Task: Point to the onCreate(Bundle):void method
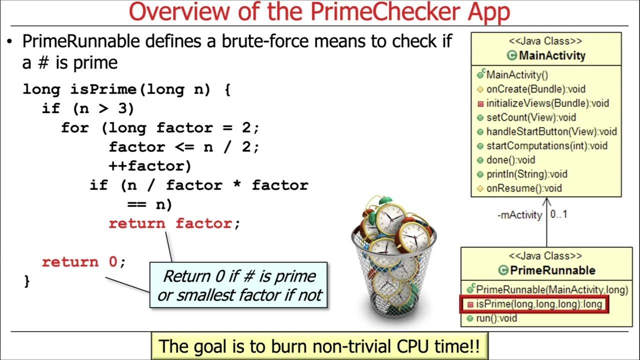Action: [535, 89]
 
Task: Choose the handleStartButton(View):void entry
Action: [551, 132]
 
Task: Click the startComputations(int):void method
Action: [546, 146]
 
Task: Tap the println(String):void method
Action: [526, 174]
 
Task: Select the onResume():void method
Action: [524, 188]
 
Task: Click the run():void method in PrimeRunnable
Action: [498, 318]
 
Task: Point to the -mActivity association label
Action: [519, 215]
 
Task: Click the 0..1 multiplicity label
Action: [559, 214]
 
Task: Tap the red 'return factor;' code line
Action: [174, 223]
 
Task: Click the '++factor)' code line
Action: [149, 165]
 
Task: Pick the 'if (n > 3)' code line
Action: [88, 108]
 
